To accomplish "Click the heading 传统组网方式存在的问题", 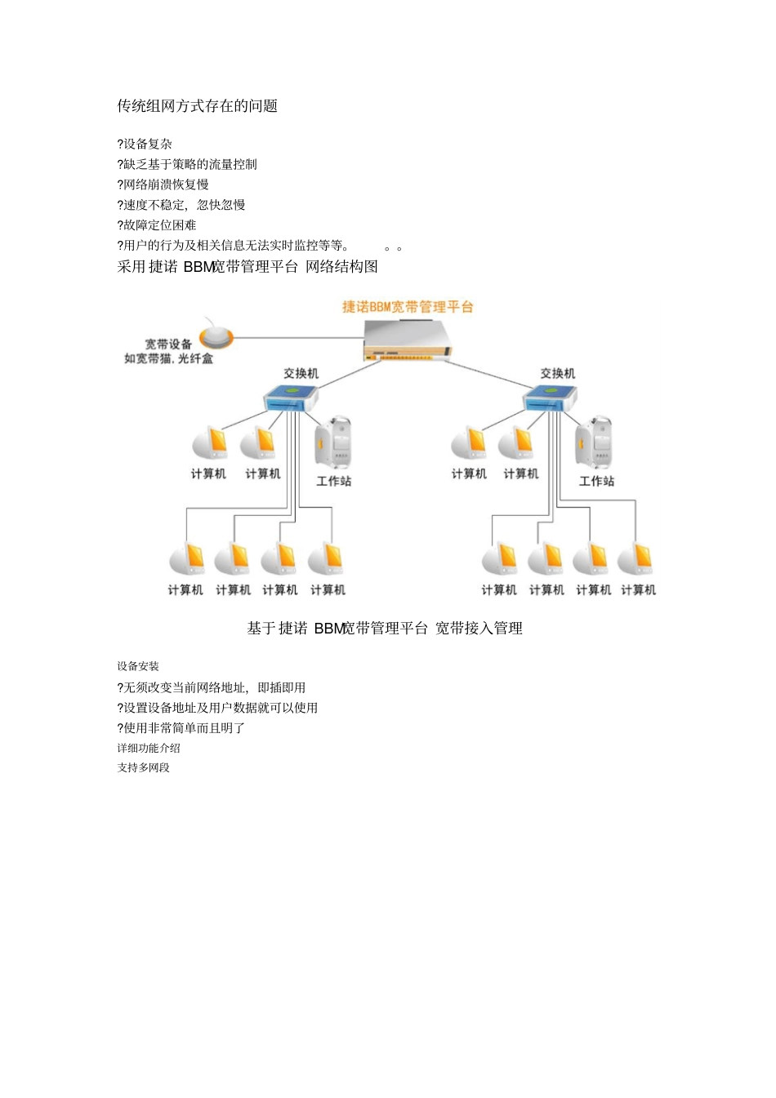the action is pyautogui.click(x=197, y=106).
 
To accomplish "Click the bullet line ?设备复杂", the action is pyautogui.click(x=145, y=144).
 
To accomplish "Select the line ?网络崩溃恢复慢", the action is pyautogui.click(x=163, y=184).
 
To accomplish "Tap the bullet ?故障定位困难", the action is pyautogui.click(x=157, y=225).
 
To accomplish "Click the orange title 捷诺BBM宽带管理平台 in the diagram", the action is pyautogui.click(x=408, y=307).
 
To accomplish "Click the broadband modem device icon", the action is pyautogui.click(x=216, y=336).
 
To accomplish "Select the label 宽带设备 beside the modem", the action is pyautogui.click(x=168, y=345).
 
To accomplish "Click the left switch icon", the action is pyautogui.click(x=290, y=398).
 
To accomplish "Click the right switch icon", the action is pyautogui.click(x=549, y=398).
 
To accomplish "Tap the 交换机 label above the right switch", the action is pyautogui.click(x=557, y=373).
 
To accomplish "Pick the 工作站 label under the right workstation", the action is pyautogui.click(x=596, y=481).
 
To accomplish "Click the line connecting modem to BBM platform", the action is pyautogui.click(x=298, y=336).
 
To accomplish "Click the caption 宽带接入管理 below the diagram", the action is pyautogui.click(x=479, y=629).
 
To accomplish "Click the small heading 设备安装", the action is pyautogui.click(x=138, y=666).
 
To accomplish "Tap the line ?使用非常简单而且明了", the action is pyautogui.click(x=181, y=728).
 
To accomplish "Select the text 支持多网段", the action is pyautogui.click(x=144, y=767).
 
